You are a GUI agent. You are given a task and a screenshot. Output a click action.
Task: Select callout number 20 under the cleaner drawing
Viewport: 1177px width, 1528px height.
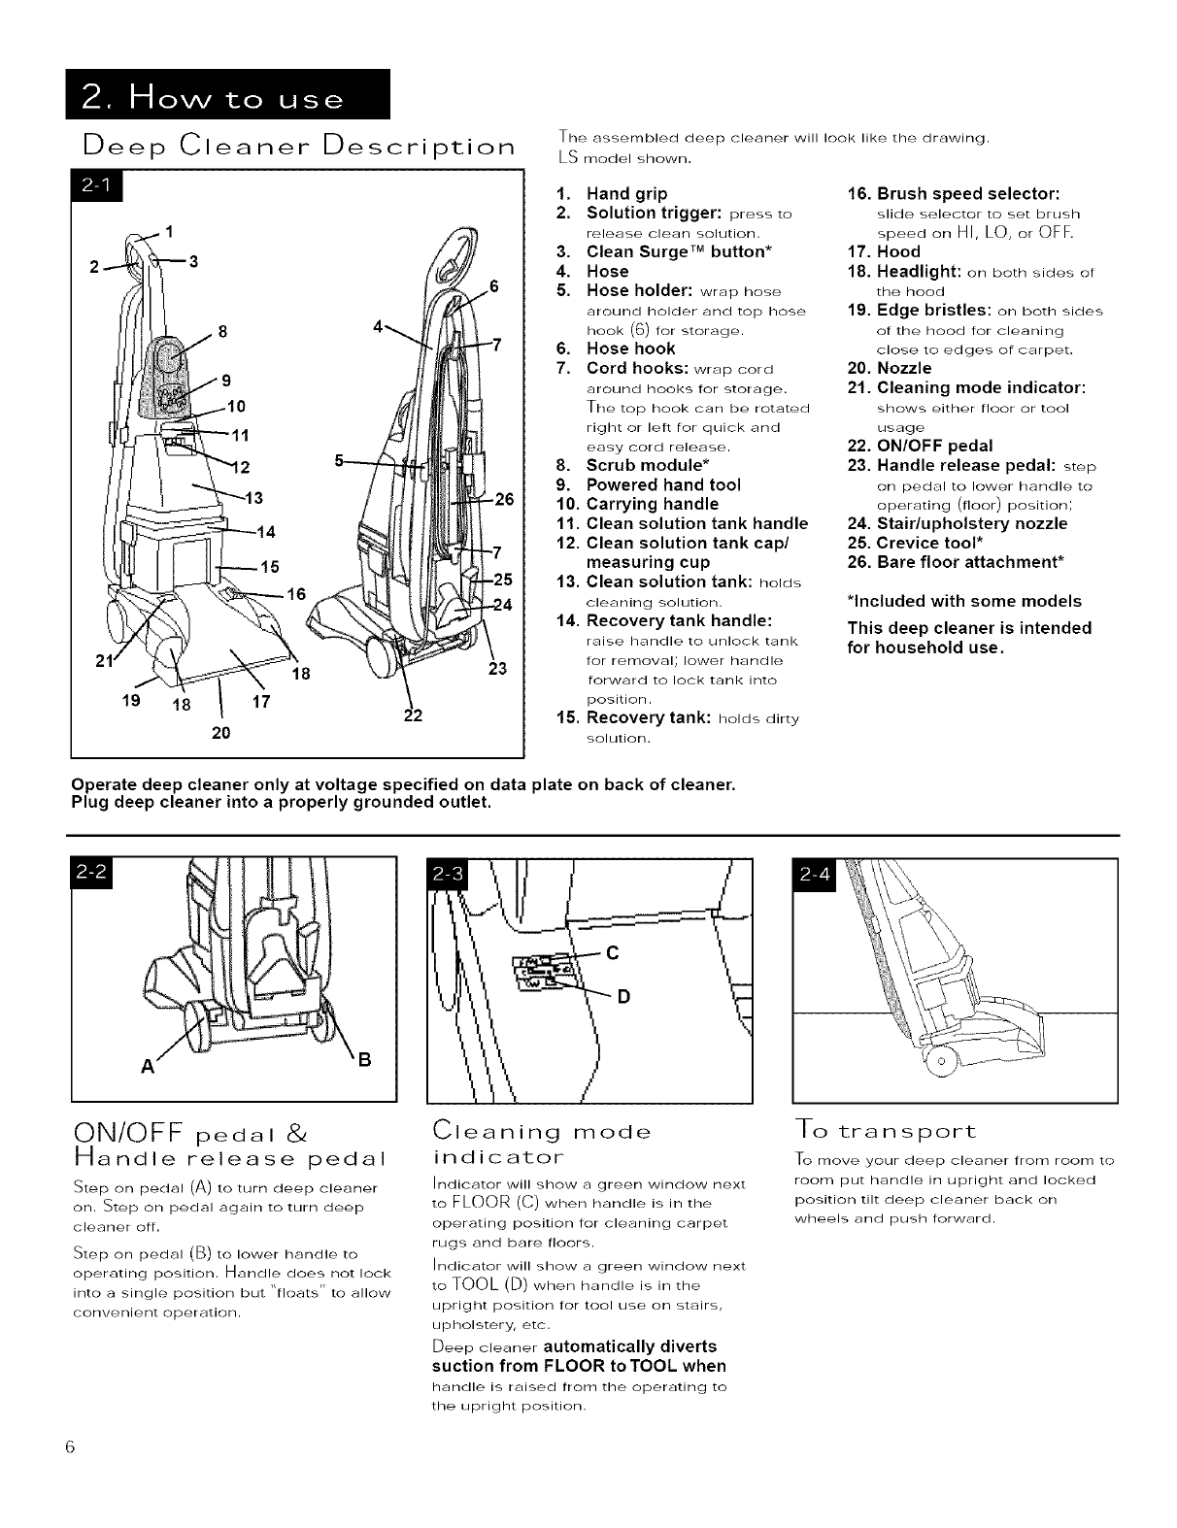(220, 733)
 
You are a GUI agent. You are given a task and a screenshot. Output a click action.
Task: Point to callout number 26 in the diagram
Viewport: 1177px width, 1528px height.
(504, 500)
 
